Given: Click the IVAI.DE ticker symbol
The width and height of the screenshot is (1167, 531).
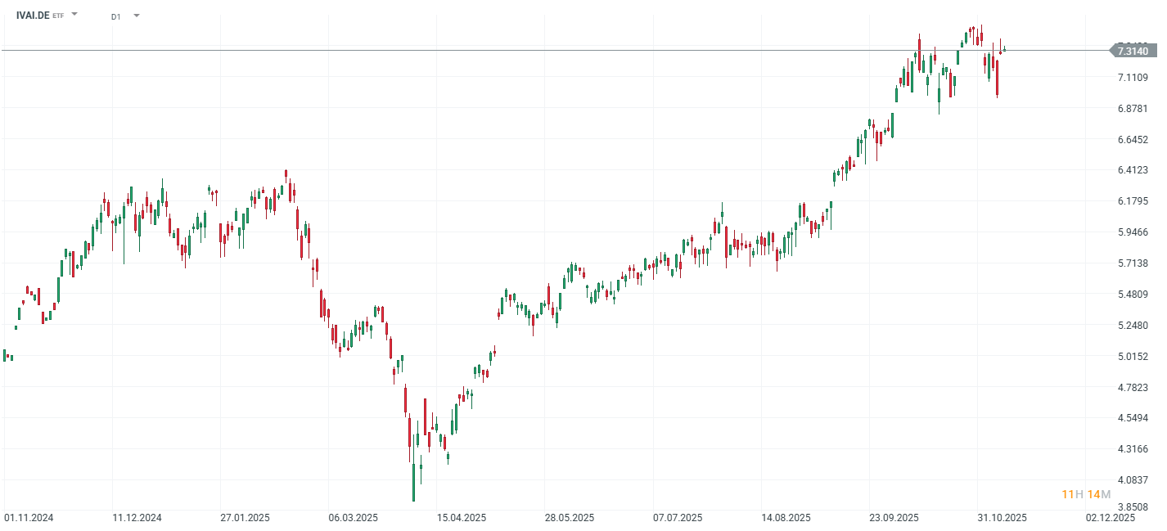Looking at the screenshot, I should click(32, 15).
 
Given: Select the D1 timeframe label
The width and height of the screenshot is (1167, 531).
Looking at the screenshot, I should click(115, 16).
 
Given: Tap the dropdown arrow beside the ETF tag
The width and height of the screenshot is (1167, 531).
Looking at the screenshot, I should click(74, 15).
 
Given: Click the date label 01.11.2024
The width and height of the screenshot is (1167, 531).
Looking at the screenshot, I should click(29, 518).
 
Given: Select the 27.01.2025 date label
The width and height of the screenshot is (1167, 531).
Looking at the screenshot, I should click(245, 518).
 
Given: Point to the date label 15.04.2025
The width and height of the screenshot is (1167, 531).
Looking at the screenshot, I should click(462, 518).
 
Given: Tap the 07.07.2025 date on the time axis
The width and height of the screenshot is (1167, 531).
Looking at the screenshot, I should click(678, 518).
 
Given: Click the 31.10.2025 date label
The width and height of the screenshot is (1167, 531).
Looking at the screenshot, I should click(1003, 518).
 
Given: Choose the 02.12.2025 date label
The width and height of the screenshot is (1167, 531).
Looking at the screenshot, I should click(1111, 518).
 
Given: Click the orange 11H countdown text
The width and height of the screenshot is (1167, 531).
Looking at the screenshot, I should click(1072, 494).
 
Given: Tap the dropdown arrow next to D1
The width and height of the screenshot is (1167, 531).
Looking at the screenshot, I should click(136, 16).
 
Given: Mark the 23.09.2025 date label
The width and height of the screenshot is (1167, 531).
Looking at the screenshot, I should click(894, 518).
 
